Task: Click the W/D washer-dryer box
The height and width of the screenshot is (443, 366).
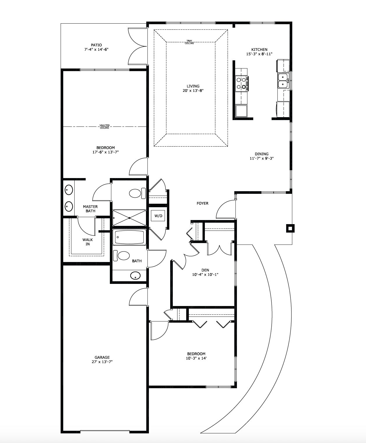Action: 158,216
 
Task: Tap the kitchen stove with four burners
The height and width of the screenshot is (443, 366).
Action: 242,83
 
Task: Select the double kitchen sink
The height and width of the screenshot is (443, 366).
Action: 283,81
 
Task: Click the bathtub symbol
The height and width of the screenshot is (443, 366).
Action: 129,237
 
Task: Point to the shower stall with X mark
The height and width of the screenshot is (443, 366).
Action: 129,218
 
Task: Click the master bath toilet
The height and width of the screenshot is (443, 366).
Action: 137,193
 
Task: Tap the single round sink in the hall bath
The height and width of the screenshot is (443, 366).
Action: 136,276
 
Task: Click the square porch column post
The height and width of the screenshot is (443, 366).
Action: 290,228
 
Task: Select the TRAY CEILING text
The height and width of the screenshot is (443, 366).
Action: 189,42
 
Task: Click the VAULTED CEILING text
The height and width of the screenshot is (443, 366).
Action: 105,127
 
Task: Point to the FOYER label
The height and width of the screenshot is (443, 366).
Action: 203,203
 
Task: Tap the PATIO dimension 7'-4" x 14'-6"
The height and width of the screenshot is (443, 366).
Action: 96,50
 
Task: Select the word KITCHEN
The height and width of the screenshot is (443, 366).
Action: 259,50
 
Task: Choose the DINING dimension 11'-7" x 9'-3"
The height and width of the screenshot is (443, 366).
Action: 262,158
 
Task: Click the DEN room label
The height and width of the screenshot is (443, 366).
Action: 205,270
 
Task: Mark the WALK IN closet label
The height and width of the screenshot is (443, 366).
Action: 88,242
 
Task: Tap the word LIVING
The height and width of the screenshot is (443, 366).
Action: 193,86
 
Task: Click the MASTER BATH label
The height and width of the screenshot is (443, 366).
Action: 90,209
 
